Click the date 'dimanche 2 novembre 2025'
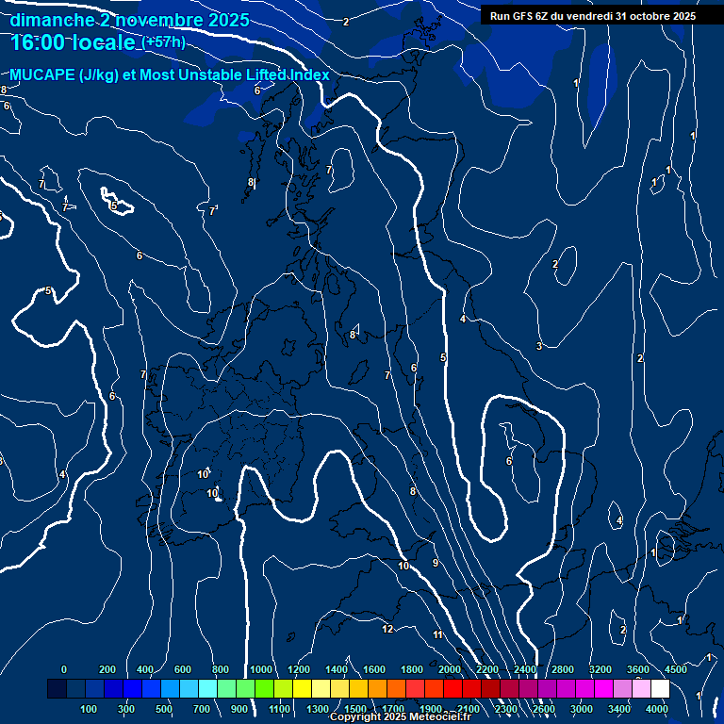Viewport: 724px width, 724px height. pos(130,20)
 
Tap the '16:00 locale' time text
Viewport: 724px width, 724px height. pos(74,42)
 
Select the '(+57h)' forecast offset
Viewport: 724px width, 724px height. pos(163,42)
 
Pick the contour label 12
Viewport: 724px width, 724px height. pos(387,629)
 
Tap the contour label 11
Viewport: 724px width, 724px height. pos(437,634)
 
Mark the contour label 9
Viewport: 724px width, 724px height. pos(435,563)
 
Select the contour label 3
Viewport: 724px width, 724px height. pos(538,346)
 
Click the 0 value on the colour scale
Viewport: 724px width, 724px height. pos(64,669)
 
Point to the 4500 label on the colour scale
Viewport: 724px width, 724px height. pos(675,669)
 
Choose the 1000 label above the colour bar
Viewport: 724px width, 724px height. pos(261,669)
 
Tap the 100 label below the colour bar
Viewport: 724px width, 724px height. pos(90,709)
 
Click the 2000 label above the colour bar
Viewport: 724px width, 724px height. pos(450,669)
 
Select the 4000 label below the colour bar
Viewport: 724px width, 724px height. pos(657,709)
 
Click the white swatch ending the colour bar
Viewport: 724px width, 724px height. pos(660,689)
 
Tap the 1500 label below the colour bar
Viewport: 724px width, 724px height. pos(355,709)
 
